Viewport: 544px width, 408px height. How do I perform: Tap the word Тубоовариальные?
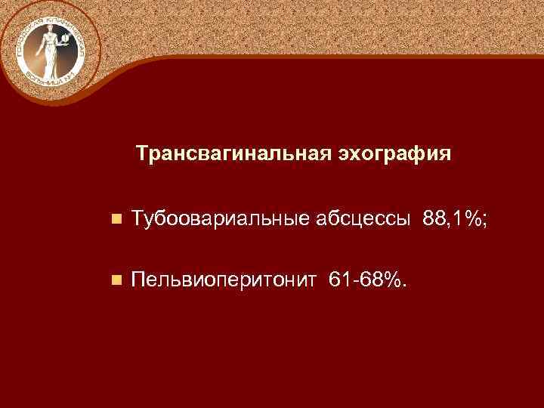coord(216,219)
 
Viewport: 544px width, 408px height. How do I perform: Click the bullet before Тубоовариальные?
coord(116,220)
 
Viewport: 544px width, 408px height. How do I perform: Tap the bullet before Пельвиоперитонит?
coord(116,281)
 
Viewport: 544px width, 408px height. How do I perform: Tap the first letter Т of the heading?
coord(142,154)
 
